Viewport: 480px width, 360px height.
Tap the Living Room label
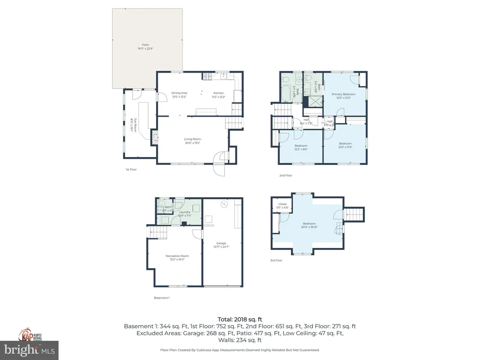[x=192, y=141]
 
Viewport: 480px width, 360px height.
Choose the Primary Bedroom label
[x=343, y=96]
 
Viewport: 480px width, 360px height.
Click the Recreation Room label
[x=177, y=257]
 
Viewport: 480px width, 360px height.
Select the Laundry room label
[x=184, y=214]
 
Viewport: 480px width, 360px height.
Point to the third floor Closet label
[x=282, y=206]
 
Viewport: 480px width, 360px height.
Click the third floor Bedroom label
[x=309, y=225]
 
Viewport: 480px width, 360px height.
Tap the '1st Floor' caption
[x=131, y=169]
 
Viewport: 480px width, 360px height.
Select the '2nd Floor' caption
[x=285, y=175]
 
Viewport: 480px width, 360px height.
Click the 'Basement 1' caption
[x=162, y=298]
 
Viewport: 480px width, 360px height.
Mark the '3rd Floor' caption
[x=276, y=260]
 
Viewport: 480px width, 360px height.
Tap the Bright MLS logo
[x=29, y=349]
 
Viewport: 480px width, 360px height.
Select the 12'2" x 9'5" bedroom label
[x=300, y=148]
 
